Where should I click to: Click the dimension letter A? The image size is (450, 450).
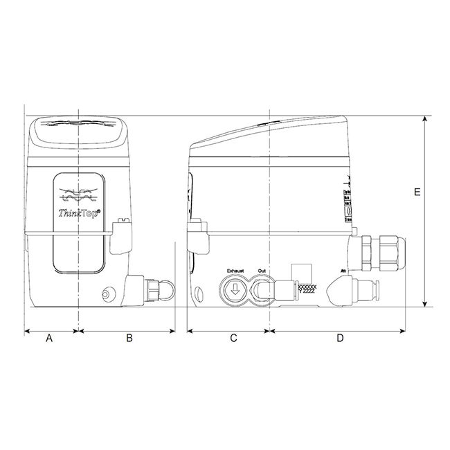[48, 339]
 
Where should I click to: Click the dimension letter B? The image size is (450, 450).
[129, 339]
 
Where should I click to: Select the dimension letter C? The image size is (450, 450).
[233, 339]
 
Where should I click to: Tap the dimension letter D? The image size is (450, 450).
[340, 339]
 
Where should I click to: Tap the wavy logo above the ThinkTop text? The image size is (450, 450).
[80, 194]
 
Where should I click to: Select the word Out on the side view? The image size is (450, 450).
[261, 270]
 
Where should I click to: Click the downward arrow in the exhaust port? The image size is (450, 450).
[234, 289]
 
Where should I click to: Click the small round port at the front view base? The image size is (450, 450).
[106, 295]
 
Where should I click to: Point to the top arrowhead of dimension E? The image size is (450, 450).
[424, 120]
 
